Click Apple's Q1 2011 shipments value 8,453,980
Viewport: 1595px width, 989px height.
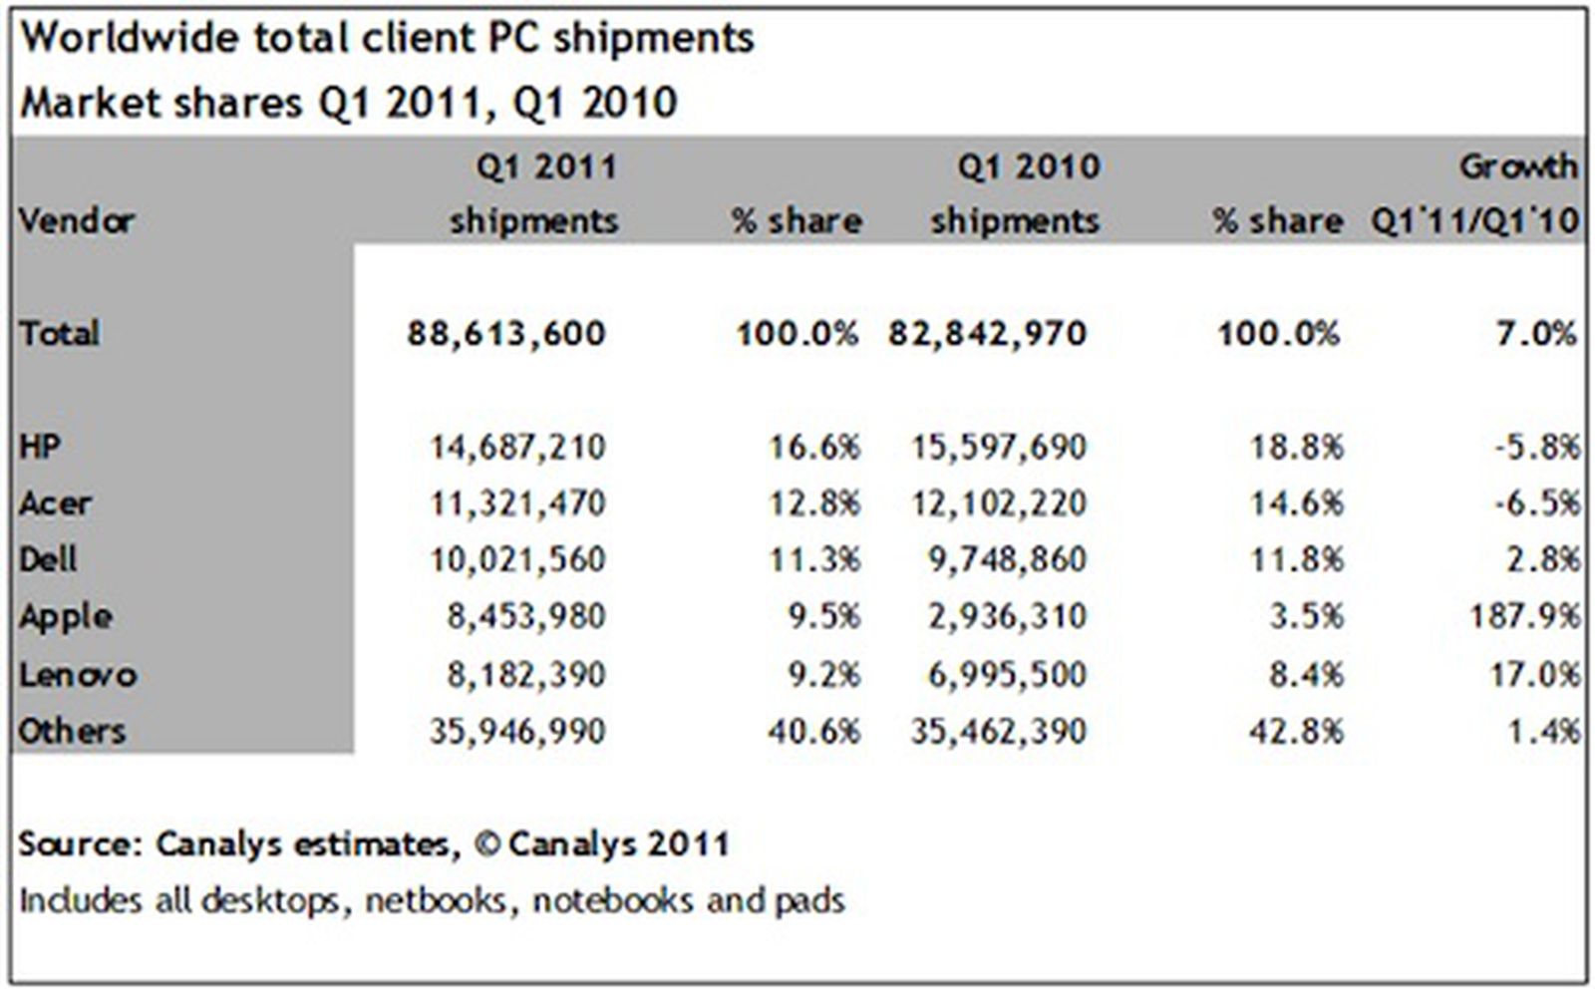[525, 617]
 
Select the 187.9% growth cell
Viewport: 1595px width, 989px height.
[1523, 617]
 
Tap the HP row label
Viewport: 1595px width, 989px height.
[40, 446]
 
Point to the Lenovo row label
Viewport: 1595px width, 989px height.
[78, 675]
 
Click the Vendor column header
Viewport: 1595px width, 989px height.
[76, 220]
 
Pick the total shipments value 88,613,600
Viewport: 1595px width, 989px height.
[505, 333]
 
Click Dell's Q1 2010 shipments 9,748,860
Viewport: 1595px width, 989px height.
[1006, 559]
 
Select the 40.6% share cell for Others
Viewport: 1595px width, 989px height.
[812, 732]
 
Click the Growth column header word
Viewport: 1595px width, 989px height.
[1518, 165]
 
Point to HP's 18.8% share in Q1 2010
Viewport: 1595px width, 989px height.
[1296, 446]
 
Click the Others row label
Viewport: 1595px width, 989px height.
[72, 732]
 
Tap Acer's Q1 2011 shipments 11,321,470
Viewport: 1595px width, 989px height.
[516, 503]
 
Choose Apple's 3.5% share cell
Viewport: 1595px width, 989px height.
[1306, 617]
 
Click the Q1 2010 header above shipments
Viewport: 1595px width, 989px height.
[1028, 165]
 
